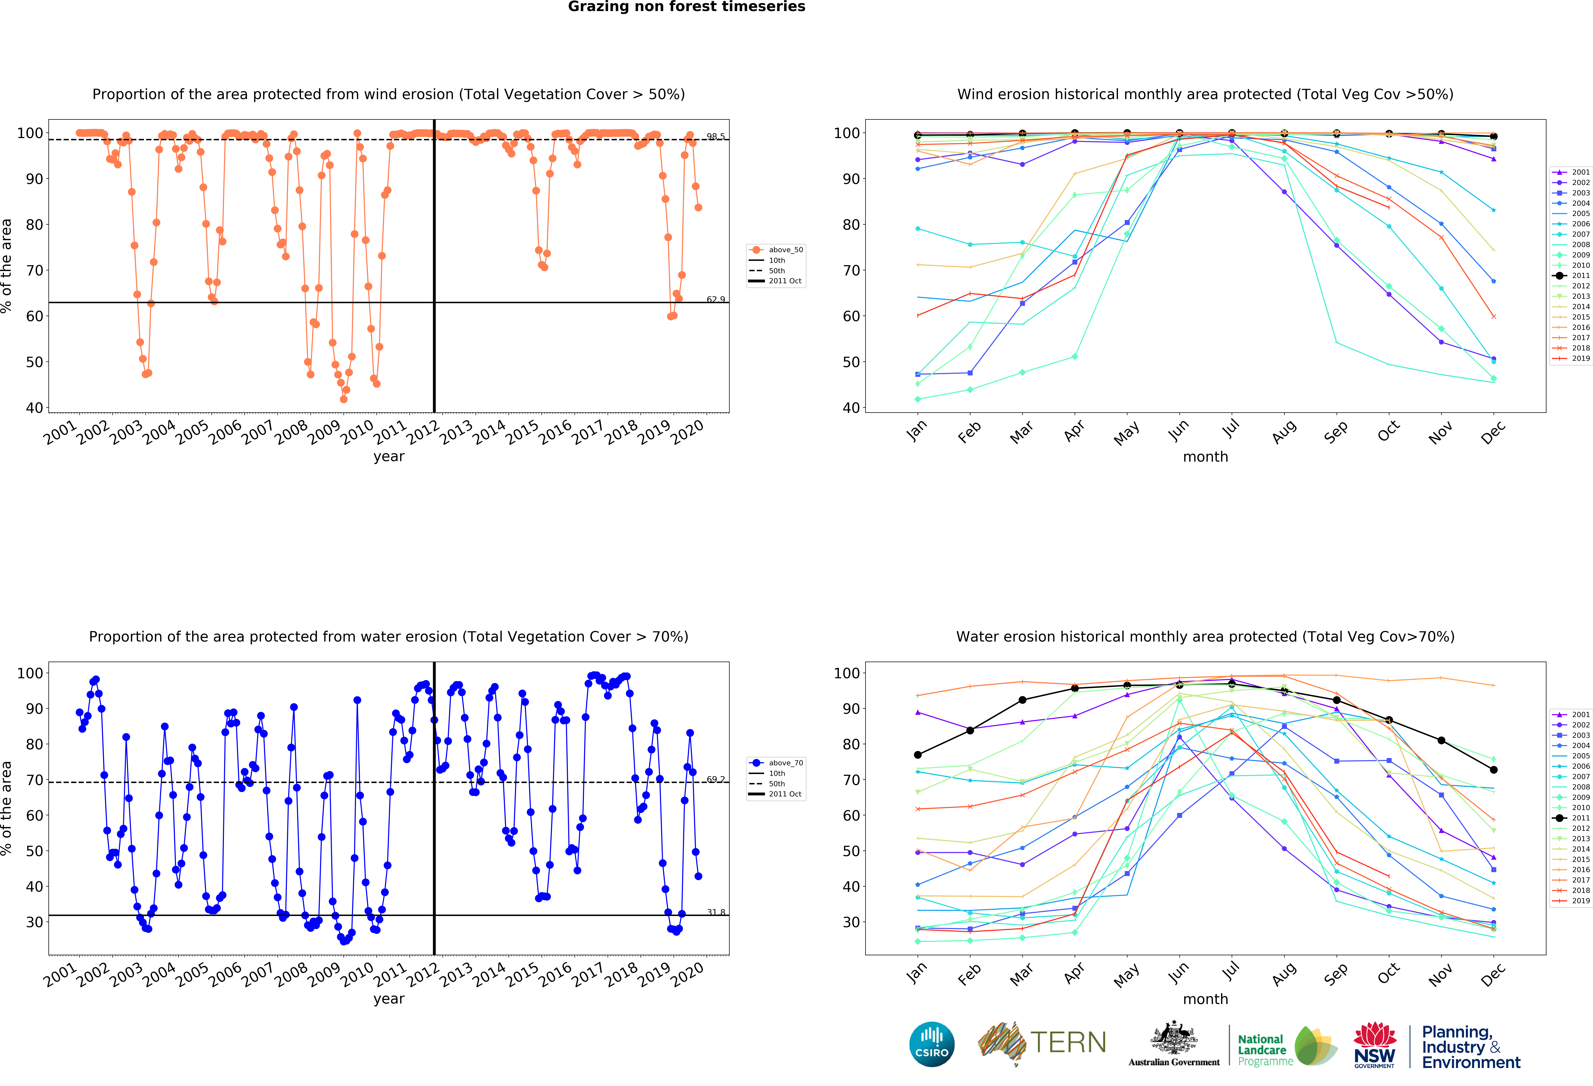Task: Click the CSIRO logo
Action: click(x=932, y=1044)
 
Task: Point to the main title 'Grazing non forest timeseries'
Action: click(x=686, y=7)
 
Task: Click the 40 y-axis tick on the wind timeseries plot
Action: click(x=34, y=408)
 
